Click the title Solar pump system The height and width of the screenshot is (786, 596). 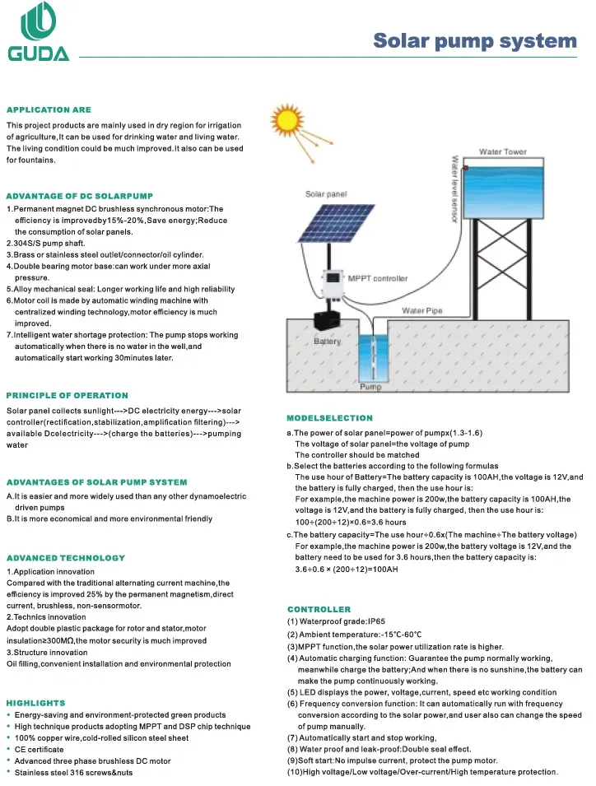[x=475, y=41]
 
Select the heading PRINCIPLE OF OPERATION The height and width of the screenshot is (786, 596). [x=68, y=396]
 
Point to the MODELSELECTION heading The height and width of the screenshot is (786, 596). [x=329, y=419]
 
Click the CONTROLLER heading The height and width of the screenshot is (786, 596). [x=319, y=609]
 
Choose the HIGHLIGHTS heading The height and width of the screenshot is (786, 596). [x=35, y=703]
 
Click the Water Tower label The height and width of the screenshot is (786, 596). [x=503, y=152]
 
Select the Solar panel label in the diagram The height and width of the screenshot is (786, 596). [x=326, y=194]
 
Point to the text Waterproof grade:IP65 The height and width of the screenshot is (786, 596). [x=337, y=621]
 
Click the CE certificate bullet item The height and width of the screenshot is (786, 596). [x=40, y=750]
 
